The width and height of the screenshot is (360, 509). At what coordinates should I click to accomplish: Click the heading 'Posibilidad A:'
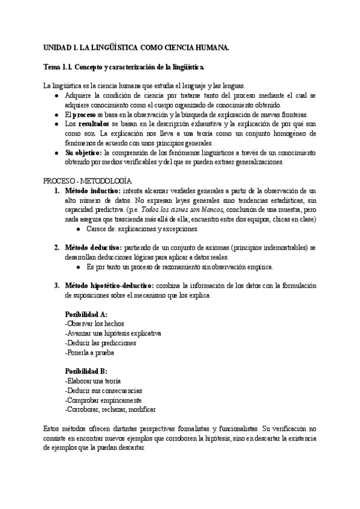pos(86,314)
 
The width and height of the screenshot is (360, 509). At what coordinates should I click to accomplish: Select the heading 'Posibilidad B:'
pos(86,371)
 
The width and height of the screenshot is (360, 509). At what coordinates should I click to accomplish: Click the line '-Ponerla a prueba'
pos(89,352)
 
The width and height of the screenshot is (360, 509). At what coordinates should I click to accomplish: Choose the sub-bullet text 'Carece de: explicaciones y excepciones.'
pos(146,229)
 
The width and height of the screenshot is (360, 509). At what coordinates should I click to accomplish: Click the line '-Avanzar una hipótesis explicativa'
pos(113,333)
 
